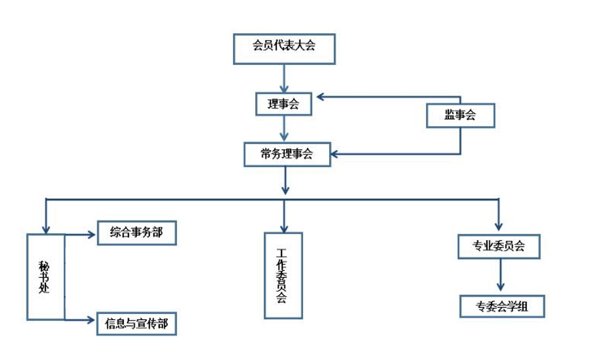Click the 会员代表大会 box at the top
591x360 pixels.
(x=284, y=49)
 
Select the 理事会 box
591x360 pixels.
(x=284, y=104)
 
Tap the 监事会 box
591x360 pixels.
(x=460, y=115)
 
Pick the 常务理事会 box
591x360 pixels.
(x=287, y=154)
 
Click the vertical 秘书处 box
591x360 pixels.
(x=45, y=277)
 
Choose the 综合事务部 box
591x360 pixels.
(x=137, y=233)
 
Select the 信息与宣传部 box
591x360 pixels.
(x=137, y=324)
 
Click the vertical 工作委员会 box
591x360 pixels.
(x=283, y=275)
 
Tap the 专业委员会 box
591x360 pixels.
(x=499, y=246)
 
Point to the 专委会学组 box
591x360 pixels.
(x=502, y=306)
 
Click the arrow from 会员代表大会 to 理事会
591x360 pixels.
(x=284, y=78)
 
